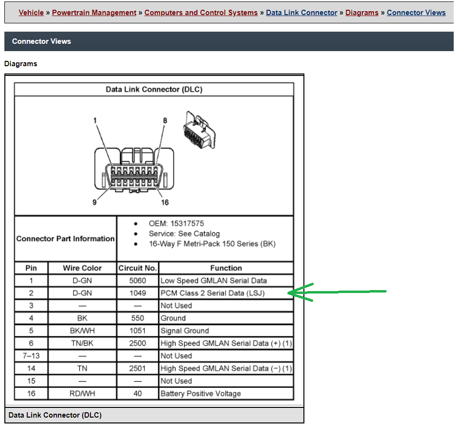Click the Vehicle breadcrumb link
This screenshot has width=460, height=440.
click(x=31, y=13)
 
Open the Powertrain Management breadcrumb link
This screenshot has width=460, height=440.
click(x=94, y=13)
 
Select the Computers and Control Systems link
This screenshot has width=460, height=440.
click(x=201, y=13)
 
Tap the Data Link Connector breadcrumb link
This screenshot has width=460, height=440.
click(x=301, y=13)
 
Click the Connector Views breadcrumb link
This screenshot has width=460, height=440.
click(x=416, y=13)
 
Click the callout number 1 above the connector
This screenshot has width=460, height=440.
click(x=95, y=120)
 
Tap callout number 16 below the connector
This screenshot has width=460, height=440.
click(x=165, y=202)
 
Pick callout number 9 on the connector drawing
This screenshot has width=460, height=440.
click(x=94, y=202)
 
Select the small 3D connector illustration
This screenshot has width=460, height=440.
click(x=199, y=130)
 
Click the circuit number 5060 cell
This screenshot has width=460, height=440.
click(x=138, y=280)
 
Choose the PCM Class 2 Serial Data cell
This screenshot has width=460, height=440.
click(x=226, y=293)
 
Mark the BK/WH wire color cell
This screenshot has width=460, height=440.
click(x=82, y=331)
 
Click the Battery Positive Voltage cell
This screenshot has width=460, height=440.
click(x=226, y=394)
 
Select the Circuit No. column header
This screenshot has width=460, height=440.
click(x=138, y=268)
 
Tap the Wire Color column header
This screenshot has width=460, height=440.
click(x=82, y=268)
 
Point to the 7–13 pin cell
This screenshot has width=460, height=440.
click(x=31, y=356)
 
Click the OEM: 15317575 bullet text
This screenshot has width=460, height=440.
click(x=176, y=223)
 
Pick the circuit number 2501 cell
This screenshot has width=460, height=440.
click(x=138, y=368)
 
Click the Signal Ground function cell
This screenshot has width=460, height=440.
click(x=226, y=331)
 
